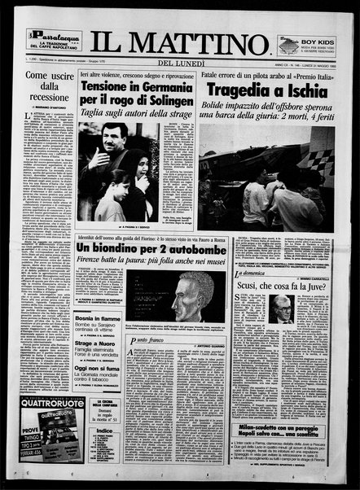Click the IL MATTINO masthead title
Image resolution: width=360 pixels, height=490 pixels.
click(x=179, y=41)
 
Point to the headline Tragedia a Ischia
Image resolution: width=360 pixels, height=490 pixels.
click(x=266, y=90)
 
